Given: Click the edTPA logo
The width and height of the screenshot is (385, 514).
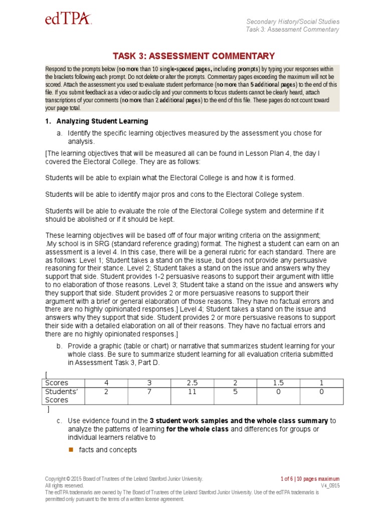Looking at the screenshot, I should click(69, 20).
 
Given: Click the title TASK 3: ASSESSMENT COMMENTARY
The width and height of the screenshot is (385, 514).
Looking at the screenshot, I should click(194, 56).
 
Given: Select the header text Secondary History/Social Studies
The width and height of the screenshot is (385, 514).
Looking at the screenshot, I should click(293, 22).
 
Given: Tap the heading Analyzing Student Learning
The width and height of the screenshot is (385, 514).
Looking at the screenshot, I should click(102, 121).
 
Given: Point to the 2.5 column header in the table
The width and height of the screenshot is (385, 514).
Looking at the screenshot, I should click(192, 382).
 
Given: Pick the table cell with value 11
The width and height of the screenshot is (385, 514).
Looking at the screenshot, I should click(192, 392).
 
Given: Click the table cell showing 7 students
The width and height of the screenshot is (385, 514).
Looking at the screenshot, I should click(149, 392).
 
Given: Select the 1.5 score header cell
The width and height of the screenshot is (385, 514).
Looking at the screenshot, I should click(278, 382).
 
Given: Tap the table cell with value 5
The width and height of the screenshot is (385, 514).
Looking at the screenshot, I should click(235, 392).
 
